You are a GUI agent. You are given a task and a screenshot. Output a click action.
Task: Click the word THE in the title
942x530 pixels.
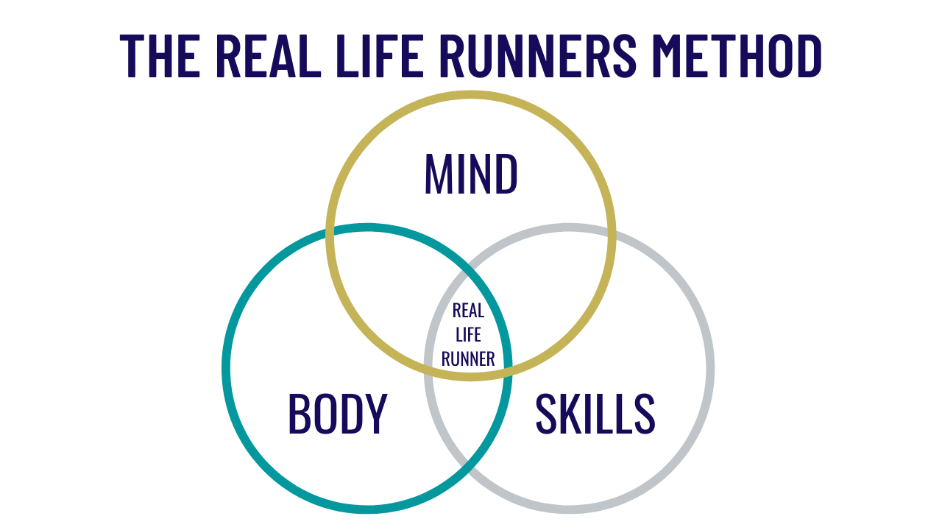click(x=160, y=55)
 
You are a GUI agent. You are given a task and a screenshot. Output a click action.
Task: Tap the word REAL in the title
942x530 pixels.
click(x=269, y=55)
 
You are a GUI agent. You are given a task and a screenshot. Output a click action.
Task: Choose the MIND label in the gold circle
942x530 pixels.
click(x=471, y=174)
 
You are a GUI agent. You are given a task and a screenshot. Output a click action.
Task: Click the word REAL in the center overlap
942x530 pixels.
click(x=468, y=311)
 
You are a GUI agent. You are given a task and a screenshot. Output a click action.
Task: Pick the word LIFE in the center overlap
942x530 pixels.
click(x=468, y=335)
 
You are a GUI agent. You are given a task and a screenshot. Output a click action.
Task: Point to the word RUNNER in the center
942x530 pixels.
click(x=468, y=359)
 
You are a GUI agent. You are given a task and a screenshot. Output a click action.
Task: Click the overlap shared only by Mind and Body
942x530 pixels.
click(x=390, y=294)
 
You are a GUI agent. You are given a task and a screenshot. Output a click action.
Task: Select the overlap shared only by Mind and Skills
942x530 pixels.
click(x=548, y=294)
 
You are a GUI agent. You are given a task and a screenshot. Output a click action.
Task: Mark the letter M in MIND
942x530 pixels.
click(x=436, y=174)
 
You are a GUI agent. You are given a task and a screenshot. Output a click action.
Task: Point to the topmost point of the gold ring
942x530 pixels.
click(x=471, y=94)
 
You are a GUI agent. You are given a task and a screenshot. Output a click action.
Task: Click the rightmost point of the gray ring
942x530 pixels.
click(x=710, y=369)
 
